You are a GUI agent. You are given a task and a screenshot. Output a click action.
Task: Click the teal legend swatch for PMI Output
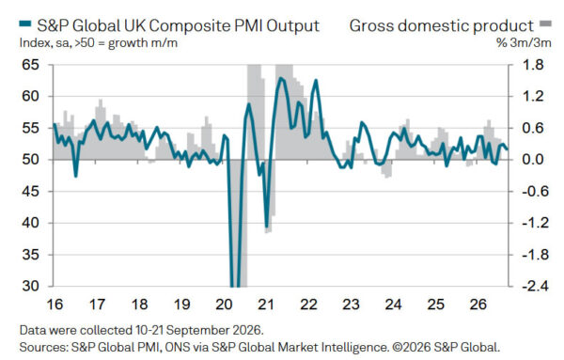pyautogui.click(x=25, y=24)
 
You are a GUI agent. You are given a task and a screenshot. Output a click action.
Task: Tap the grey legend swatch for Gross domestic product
pyautogui.click(x=545, y=24)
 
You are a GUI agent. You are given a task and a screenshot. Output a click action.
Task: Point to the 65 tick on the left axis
pyautogui.click(x=30, y=65)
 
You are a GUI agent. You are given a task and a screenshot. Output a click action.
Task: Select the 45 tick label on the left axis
pyautogui.click(x=30, y=192)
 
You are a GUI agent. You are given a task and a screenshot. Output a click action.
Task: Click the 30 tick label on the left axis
pyautogui.click(x=30, y=287)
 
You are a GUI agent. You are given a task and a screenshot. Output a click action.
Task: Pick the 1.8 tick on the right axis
pyautogui.click(x=533, y=65)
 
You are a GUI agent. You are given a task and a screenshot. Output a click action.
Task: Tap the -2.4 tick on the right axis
pyautogui.click(x=536, y=287)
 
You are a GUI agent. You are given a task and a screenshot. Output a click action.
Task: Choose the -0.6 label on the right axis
pyautogui.click(x=536, y=192)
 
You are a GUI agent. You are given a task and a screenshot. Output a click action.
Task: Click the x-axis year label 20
pyautogui.click(x=224, y=305)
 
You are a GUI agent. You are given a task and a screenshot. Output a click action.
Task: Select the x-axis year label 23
pyautogui.click(x=351, y=305)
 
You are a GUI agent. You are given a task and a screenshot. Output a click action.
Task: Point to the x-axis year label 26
pyautogui.click(x=478, y=305)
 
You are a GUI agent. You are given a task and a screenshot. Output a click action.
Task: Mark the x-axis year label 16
pyautogui.click(x=55, y=305)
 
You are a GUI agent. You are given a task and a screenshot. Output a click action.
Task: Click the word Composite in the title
pyautogui.click(x=190, y=26)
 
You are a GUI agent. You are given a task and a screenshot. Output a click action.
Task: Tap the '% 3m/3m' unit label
pyautogui.click(x=524, y=43)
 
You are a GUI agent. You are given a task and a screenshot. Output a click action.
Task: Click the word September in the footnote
pyautogui.click(x=197, y=330)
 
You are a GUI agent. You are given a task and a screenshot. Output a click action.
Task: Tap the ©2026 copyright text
pyautogui.click(x=413, y=348)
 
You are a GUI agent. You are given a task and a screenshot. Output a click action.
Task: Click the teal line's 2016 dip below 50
pyautogui.click(x=75, y=176)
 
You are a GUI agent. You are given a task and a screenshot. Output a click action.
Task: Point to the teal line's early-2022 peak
pyautogui.click(x=316, y=80)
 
